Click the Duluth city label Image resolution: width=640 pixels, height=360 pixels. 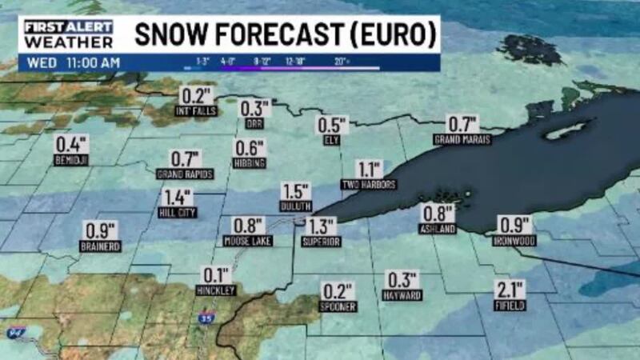coord(295,206)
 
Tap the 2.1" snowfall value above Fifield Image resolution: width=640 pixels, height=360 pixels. coord(510,290)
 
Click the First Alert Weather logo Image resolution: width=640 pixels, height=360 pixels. coord(68,34)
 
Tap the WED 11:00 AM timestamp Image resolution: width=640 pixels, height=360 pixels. coord(72,62)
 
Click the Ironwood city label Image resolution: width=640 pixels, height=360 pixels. coord(515,240)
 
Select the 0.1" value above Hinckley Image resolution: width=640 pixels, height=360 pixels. coord(216,274)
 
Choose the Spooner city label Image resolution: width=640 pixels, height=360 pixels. coord(337,306)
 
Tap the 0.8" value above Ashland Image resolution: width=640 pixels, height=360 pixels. coord(438,213)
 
